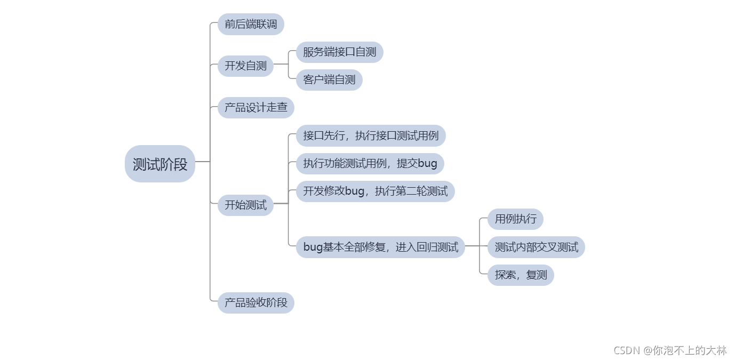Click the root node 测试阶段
pos(160,164)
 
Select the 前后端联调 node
pos(251,25)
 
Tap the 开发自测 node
pos(245,66)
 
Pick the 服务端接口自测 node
pos(339,52)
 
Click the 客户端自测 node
pos(329,80)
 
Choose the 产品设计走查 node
pos(255,108)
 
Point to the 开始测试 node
pos(245,205)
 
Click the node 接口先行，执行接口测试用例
pos(371,136)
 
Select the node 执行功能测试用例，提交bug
pos(370,164)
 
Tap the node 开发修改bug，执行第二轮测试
pos(375,191)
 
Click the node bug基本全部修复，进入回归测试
pos(380,247)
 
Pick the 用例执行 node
pos(515,219)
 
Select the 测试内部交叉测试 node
pos(536,247)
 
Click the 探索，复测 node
pos(521,275)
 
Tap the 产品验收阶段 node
pos(255,303)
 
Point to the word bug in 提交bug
pos(427,164)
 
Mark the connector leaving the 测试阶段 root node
pos(203,162)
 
